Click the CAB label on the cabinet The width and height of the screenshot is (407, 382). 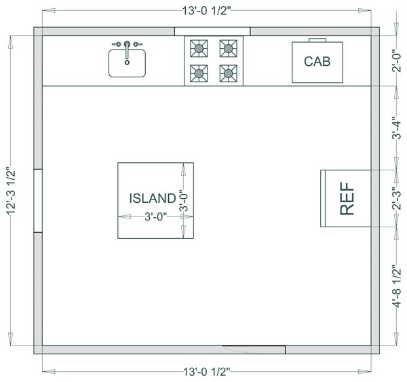(317, 62)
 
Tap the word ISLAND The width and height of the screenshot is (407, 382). (153, 198)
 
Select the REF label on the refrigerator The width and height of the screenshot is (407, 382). (347, 198)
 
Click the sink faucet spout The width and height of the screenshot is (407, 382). (127, 50)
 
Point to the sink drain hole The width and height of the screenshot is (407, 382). (127, 62)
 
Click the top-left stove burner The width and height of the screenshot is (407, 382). (199, 48)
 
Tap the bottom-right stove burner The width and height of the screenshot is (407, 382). (228, 73)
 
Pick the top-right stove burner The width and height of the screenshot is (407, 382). (228, 48)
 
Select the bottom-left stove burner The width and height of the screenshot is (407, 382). (199, 73)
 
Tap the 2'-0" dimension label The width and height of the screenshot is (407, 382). (396, 60)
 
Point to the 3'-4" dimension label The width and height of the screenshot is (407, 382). (396, 128)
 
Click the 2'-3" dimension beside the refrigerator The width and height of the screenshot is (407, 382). (396, 199)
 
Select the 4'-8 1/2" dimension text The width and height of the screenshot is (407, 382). (396, 286)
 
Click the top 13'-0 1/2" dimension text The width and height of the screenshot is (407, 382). (206, 11)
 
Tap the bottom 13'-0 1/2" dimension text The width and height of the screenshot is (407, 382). (207, 372)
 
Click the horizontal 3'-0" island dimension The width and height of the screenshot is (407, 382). (156, 216)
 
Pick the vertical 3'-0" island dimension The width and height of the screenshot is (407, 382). (183, 201)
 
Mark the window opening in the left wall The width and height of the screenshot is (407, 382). (38, 201)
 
